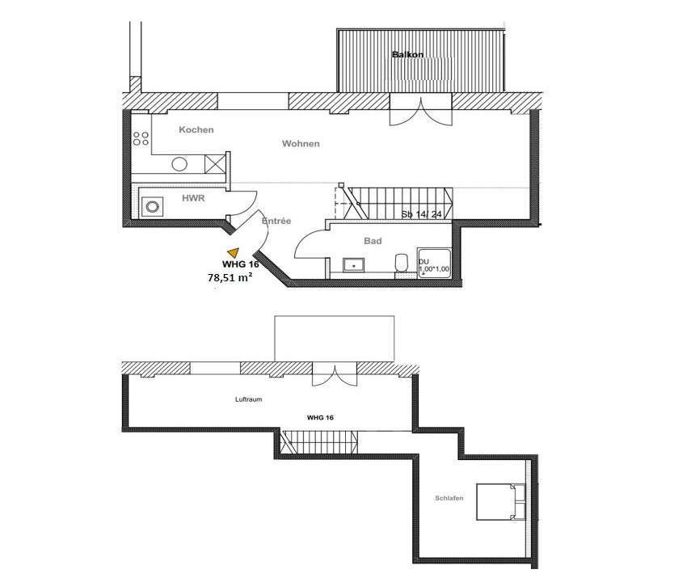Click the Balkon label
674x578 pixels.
(407, 55)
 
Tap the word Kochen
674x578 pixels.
(196, 129)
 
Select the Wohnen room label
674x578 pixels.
(301, 144)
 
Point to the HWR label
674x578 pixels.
(192, 197)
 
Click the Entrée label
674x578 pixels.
(277, 221)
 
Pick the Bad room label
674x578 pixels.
(373, 240)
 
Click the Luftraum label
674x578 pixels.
(248, 399)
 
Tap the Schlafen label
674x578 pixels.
(448, 499)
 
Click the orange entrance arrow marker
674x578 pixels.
(234, 253)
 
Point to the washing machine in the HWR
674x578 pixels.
(151, 206)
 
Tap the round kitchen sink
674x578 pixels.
(179, 164)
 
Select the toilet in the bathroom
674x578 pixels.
(401, 264)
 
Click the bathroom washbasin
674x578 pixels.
(354, 264)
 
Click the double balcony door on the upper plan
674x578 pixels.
(418, 110)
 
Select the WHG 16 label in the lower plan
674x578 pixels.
(320, 418)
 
